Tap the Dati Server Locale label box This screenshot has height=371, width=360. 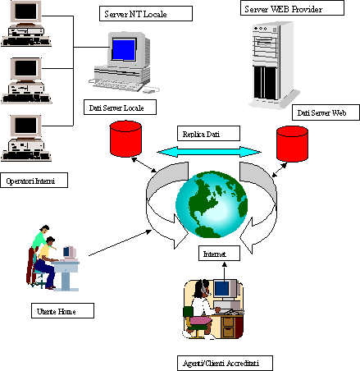click(x=120, y=107)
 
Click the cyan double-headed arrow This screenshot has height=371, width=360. click(x=209, y=152)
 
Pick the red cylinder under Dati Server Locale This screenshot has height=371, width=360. click(x=125, y=139)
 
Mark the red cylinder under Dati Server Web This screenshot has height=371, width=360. click(x=292, y=144)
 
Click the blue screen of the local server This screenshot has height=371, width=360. click(x=124, y=49)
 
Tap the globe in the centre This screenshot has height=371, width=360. click(x=212, y=204)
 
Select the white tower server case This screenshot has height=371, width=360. click(x=273, y=65)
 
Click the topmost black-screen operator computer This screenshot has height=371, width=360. click(x=26, y=23)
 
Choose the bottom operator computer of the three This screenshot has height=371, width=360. click(x=26, y=138)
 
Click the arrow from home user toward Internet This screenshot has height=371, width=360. click(x=120, y=243)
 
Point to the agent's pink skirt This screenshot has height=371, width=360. click(x=201, y=320)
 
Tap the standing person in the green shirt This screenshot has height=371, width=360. click(x=38, y=252)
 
